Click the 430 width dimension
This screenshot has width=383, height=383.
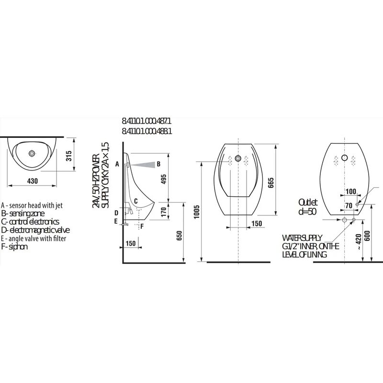[x=33, y=181]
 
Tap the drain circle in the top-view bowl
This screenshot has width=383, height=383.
[x=32, y=154]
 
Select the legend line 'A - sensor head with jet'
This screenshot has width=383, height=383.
[x=33, y=205]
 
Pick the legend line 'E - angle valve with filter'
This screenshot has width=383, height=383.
[x=34, y=238]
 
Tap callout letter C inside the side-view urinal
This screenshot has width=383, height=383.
[x=135, y=201]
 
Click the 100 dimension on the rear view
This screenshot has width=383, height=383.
[x=350, y=191]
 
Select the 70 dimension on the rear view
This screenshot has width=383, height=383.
[x=348, y=205]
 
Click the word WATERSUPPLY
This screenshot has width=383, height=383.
[x=302, y=237]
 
